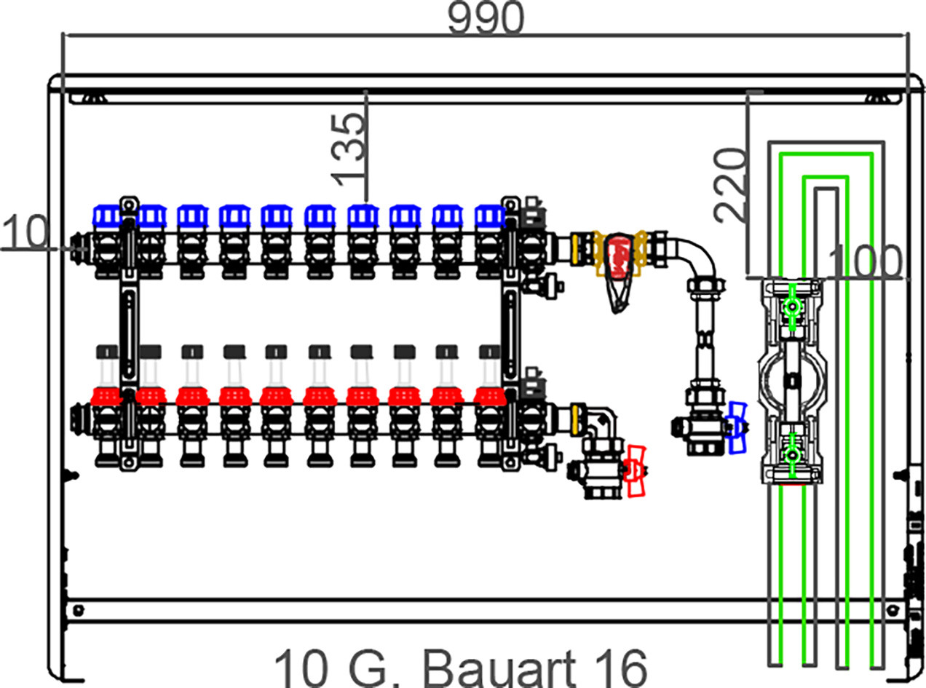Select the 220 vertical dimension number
coord(729,185)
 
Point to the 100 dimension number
coord(864,262)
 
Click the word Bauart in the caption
coord(499,669)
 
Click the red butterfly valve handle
coord(636,471)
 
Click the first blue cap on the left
coord(108,216)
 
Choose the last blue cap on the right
coord(490,216)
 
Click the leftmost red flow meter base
coord(107,397)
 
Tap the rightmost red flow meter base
coord(490,397)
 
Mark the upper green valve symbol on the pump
coord(791,307)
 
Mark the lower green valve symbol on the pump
coord(791,455)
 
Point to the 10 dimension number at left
coord(25,232)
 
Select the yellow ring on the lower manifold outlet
coord(578,419)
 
